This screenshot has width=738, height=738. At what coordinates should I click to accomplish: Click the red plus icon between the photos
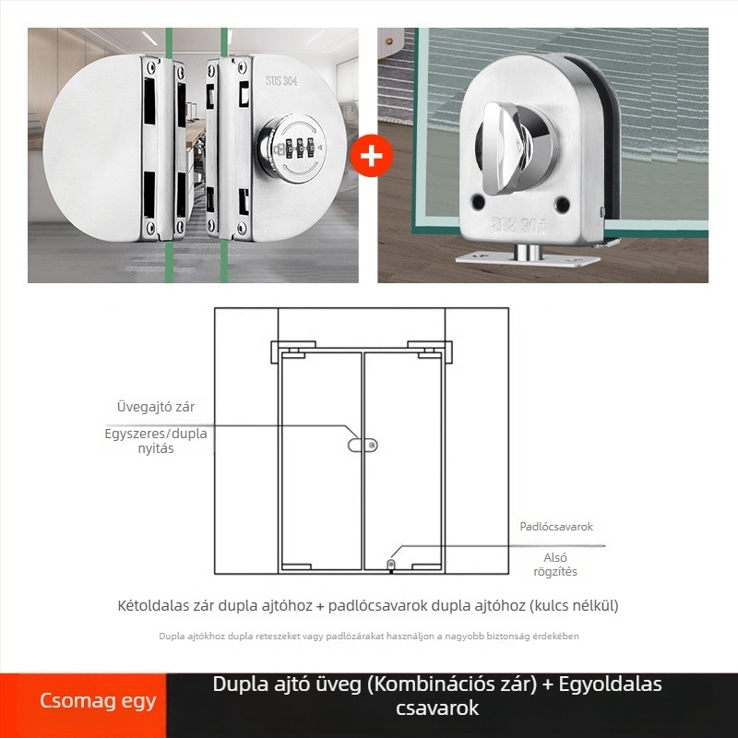372,155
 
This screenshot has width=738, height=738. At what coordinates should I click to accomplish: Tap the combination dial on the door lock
292,149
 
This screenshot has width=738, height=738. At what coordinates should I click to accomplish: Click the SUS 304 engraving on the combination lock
281,81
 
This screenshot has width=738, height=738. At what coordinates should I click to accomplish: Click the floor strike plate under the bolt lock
528,259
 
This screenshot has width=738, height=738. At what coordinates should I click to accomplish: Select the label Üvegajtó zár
156,407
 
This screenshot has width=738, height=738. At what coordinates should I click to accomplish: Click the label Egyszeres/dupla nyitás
156,441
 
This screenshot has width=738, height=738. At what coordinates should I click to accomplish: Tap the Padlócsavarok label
556,527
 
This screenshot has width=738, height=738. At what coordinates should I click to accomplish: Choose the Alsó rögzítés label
555,565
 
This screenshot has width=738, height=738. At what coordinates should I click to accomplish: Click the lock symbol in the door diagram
363,445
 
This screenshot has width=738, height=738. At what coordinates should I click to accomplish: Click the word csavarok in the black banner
437,708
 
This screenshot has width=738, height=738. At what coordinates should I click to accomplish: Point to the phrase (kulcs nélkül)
574,605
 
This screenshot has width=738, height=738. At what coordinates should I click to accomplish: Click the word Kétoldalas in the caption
153,605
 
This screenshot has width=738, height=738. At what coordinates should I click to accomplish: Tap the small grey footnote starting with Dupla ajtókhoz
369,637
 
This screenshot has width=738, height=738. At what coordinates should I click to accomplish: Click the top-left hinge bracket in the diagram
293,352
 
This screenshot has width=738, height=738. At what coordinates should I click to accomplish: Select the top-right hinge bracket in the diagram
430,352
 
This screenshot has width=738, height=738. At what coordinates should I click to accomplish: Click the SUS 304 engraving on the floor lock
518,225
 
